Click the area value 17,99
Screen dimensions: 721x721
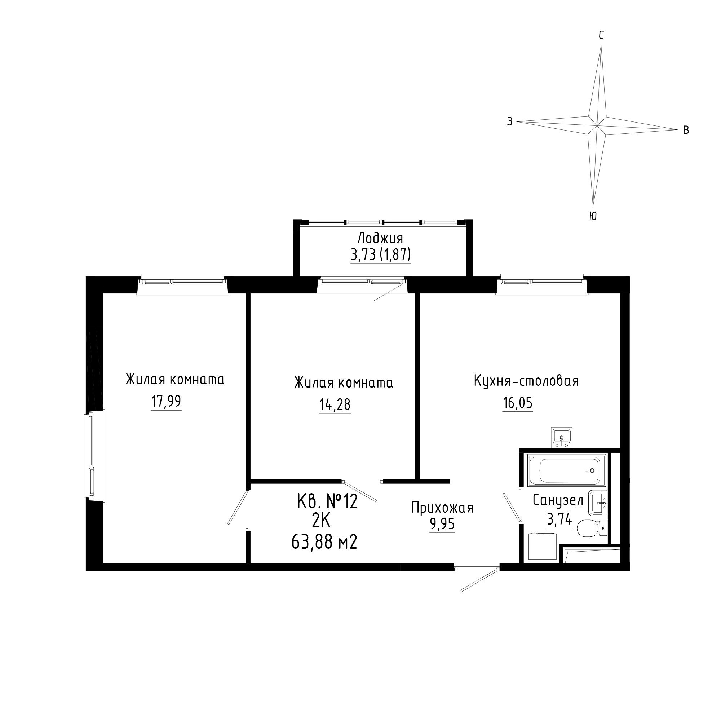tap(166, 402)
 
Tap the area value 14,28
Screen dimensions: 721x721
tap(335, 404)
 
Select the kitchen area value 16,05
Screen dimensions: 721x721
tap(517, 403)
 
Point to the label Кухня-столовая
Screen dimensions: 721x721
tap(526, 381)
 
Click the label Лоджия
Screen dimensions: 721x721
tap(380, 238)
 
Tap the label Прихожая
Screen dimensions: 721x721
tap(442, 508)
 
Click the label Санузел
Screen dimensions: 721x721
tap(558, 500)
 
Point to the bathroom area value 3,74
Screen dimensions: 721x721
tap(559, 519)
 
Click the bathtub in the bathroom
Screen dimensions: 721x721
tap(566, 470)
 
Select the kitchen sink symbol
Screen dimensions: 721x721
tap(562, 437)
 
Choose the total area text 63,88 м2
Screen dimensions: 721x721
tap(324, 542)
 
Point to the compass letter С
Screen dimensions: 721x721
tap(601, 35)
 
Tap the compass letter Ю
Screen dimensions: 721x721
tap(593, 216)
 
